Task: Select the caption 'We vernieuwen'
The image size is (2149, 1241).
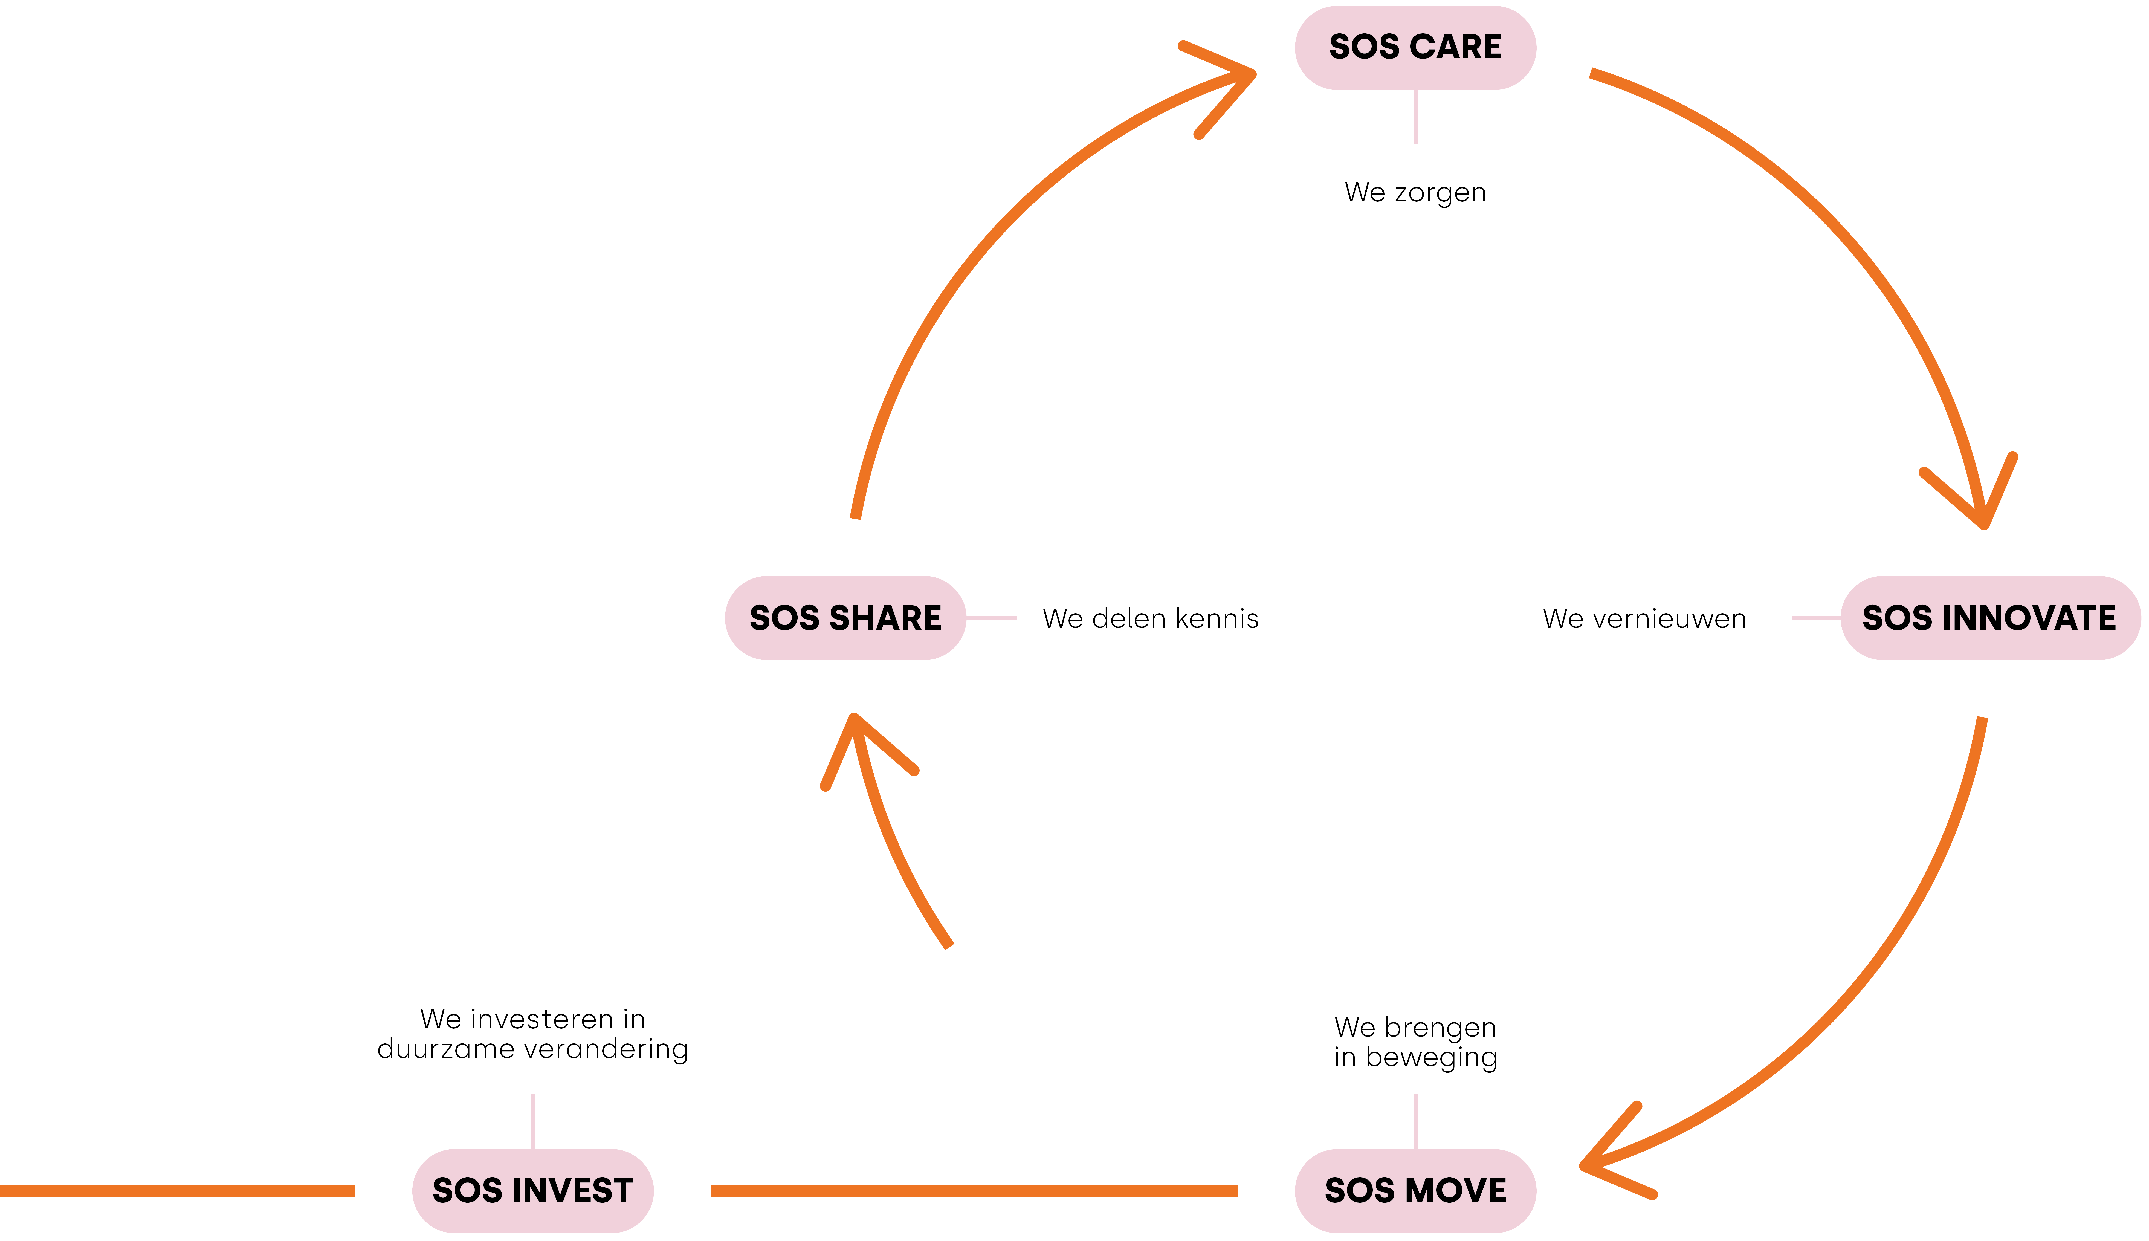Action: [x=1644, y=619]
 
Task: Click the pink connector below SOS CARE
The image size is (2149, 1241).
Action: [x=1415, y=117]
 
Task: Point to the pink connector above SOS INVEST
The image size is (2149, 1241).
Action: [x=532, y=1121]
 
